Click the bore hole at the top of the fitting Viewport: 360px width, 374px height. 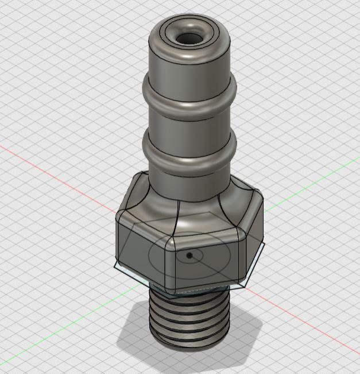point(188,38)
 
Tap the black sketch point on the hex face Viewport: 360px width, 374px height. point(190,256)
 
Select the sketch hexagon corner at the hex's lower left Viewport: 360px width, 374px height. point(115,267)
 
